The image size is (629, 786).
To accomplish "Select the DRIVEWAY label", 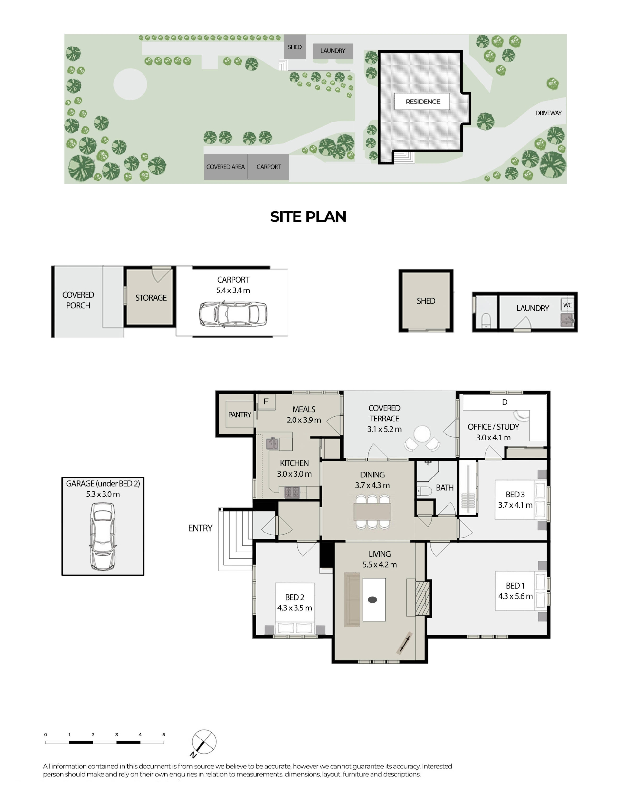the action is point(548,113).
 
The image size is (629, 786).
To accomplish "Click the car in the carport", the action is point(233,314).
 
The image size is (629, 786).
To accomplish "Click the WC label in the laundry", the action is point(567,305).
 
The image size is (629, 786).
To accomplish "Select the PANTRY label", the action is point(239,415).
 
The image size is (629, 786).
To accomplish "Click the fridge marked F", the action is point(266,402).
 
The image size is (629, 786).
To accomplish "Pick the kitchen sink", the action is point(272,443).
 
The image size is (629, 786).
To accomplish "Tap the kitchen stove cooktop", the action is point(292,492).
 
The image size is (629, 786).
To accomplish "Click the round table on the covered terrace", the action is point(422,435).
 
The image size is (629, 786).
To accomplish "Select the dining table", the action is point(372,512).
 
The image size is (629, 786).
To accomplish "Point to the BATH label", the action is point(445,487).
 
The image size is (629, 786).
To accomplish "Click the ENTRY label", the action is point(200,528).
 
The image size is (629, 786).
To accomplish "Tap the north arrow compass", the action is point(204,742).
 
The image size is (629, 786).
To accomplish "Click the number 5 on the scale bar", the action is point(164,734).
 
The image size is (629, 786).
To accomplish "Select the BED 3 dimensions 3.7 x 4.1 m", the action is point(515,505).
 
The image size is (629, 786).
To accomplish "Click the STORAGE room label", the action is point(151,298).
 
